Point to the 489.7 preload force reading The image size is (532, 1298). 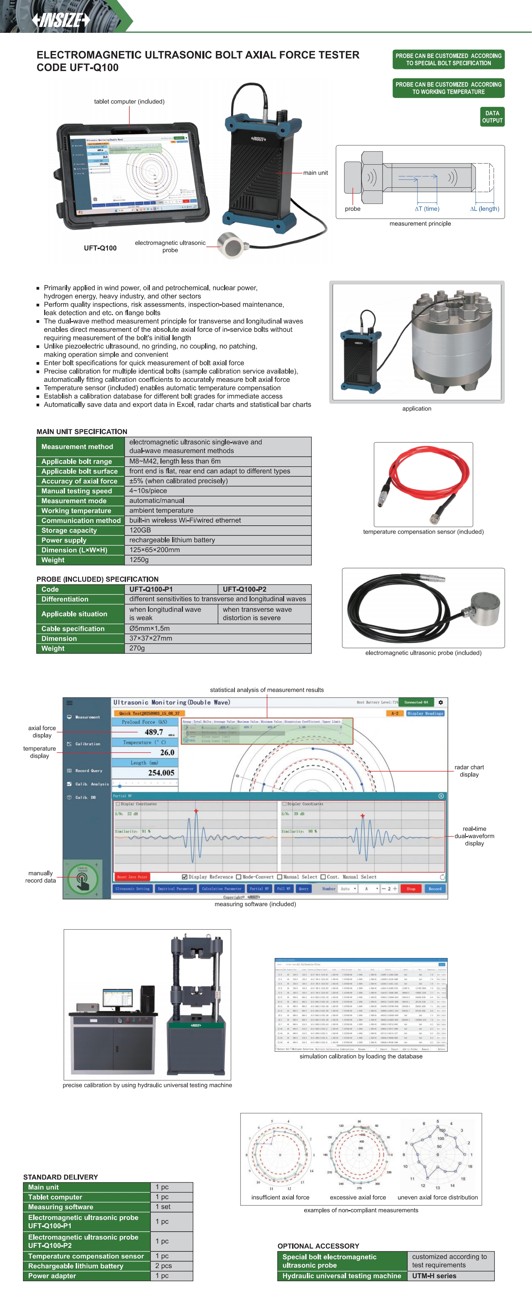tap(154, 732)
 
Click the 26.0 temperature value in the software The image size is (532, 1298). tap(167, 752)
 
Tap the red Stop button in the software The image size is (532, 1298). tap(411, 889)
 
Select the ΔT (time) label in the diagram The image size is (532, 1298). tap(427, 209)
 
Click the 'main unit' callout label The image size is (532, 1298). tap(315, 173)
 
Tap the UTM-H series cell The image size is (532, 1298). tap(434, 1276)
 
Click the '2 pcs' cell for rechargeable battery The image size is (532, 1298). tap(163, 1266)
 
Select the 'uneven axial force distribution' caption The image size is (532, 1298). tap(437, 1197)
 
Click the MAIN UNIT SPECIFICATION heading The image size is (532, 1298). tap(82, 431)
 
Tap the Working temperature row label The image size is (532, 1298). tap(76, 511)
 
